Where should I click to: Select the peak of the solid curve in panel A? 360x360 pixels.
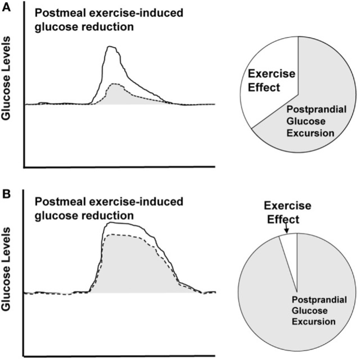coord(110,47)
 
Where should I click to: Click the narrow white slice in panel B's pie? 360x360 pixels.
coord(290,250)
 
